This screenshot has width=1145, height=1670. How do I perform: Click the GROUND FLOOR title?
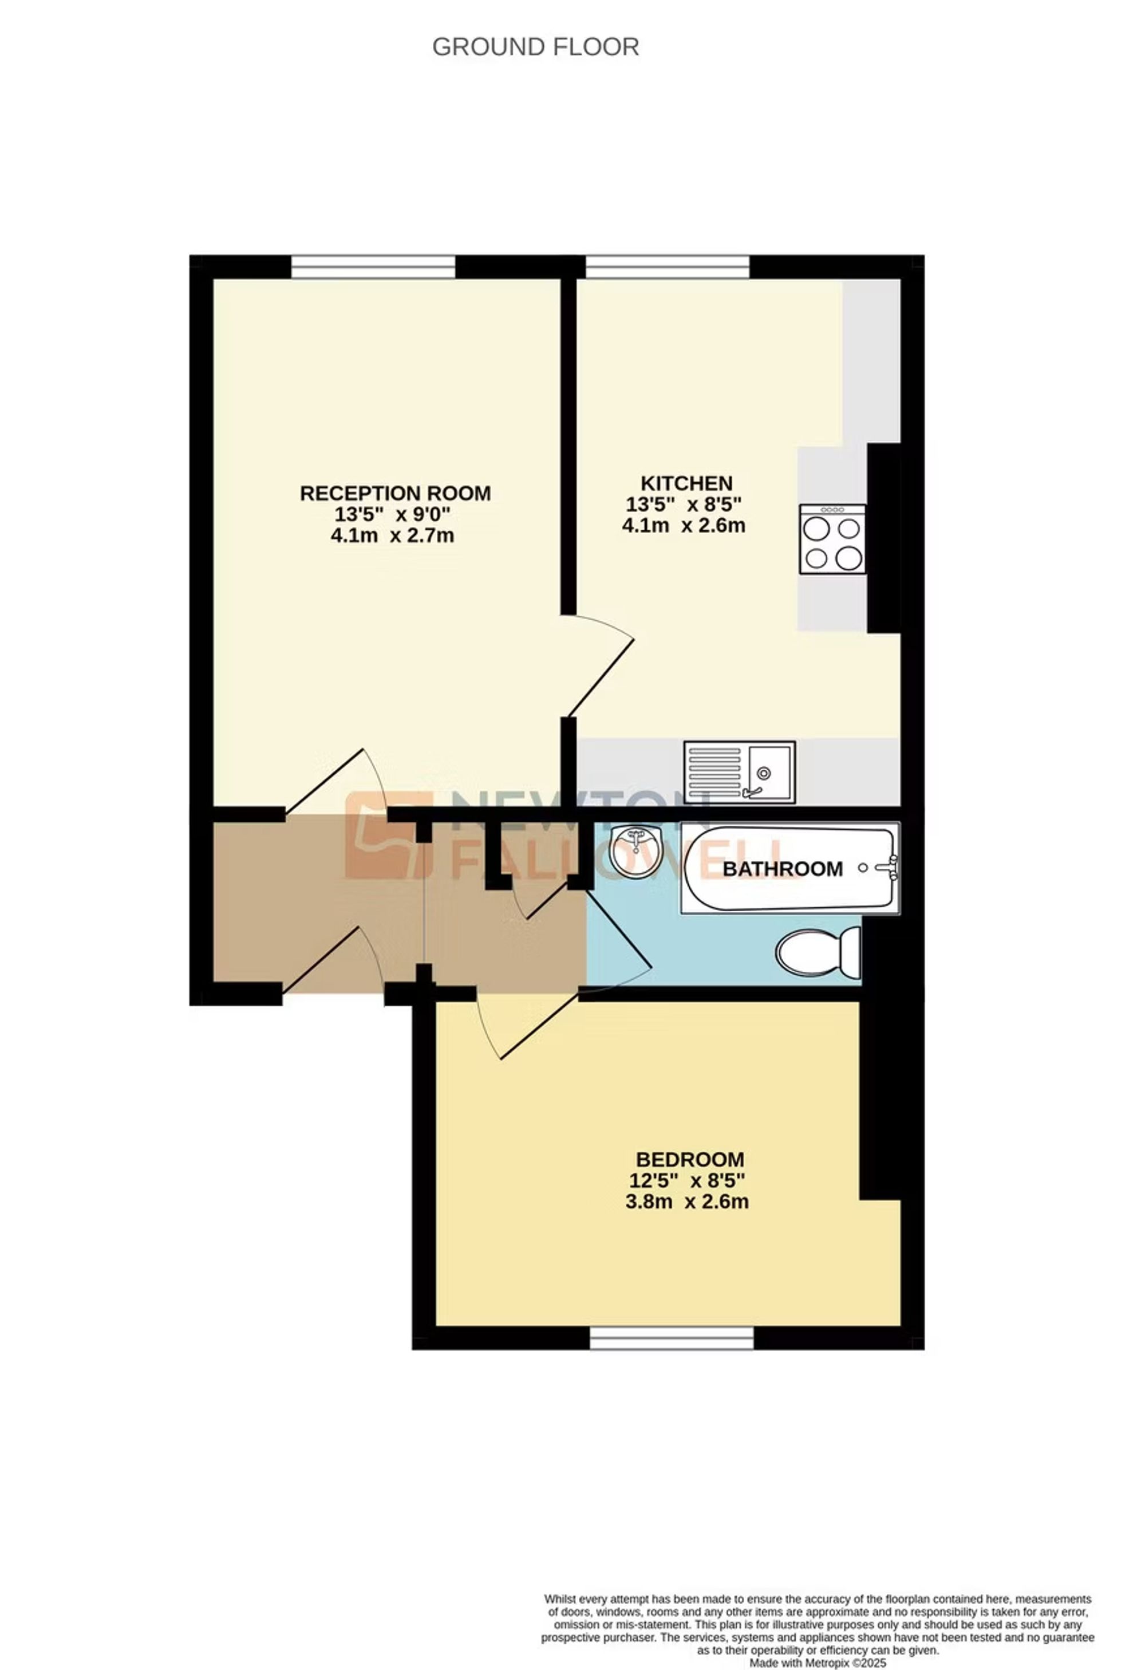pyautogui.click(x=535, y=47)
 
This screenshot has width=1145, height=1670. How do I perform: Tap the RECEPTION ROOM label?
pyautogui.click(x=395, y=493)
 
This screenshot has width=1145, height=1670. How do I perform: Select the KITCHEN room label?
pyautogui.click(x=686, y=483)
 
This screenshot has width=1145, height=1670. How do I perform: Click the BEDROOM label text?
pyautogui.click(x=690, y=1159)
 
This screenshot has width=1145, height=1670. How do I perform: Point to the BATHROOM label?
pyautogui.click(x=782, y=869)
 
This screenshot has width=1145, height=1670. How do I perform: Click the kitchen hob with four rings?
pyautogui.click(x=832, y=539)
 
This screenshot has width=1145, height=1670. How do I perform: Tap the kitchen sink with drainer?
pyautogui.click(x=740, y=772)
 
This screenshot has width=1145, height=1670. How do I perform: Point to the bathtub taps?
pyautogui.click(x=888, y=868)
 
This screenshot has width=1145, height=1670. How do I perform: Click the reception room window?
pyautogui.click(x=373, y=267)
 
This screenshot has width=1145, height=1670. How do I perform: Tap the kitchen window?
pyautogui.click(x=668, y=267)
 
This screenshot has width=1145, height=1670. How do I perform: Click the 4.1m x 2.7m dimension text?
pyautogui.click(x=392, y=535)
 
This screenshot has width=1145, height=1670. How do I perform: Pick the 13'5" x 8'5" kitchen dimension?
pyautogui.click(x=683, y=504)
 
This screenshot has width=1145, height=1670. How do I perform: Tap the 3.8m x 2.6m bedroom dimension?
pyautogui.click(x=686, y=1202)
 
